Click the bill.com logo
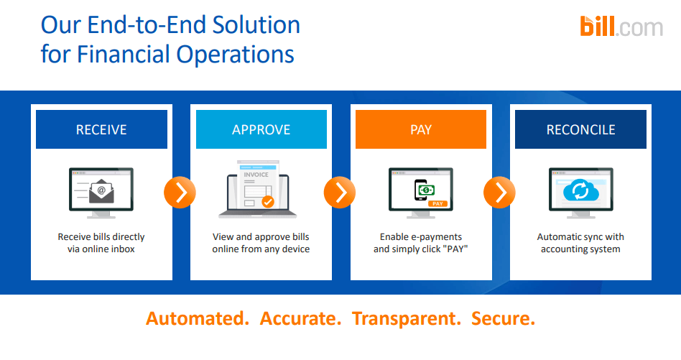click(621, 27)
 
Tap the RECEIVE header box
click(101, 129)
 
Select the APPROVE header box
click(261, 129)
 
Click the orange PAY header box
click(421, 129)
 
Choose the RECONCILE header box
click(580, 129)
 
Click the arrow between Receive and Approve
click(180, 192)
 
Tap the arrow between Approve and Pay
click(340, 192)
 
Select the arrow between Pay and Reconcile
click(500, 192)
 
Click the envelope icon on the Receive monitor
click(101, 190)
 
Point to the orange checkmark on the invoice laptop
click(267, 202)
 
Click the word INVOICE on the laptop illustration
click(256, 175)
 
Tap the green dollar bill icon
click(425, 190)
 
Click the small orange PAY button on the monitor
click(437, 204)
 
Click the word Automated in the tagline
click(198, 318)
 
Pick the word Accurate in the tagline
click(300, 318)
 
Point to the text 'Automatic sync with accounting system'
click(580, 243)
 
